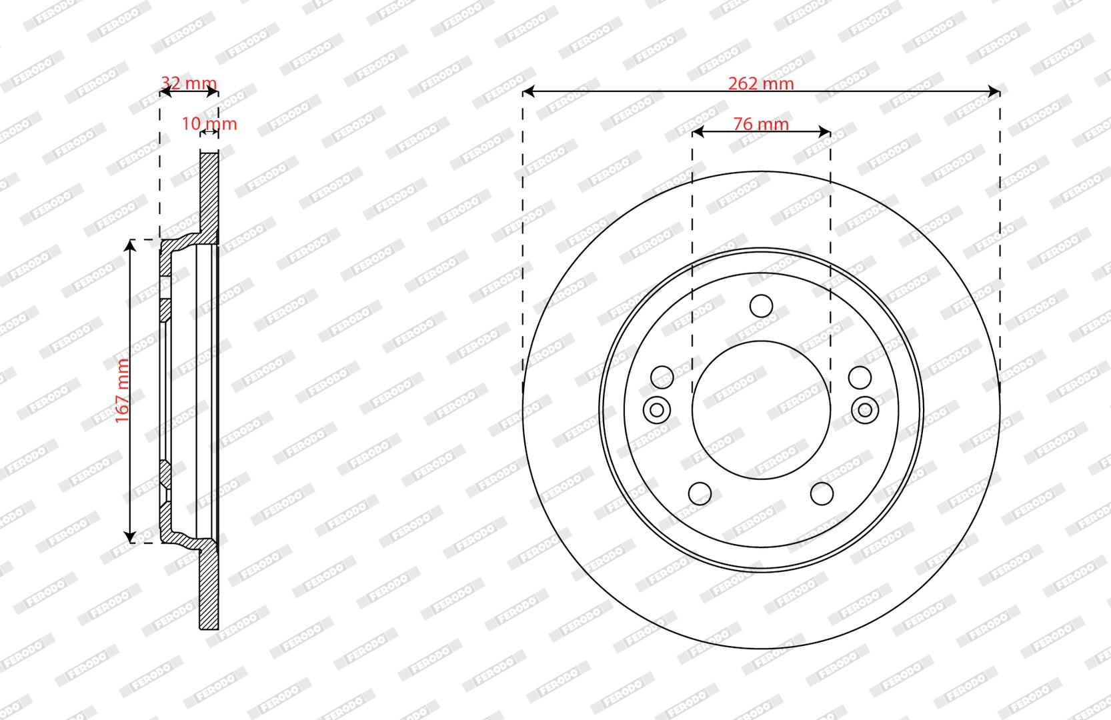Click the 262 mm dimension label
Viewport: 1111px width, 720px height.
click(x=761, y=83)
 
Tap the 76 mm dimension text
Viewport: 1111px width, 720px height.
click(x=761, y=124)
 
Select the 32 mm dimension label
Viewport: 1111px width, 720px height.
click(x=189, y=83)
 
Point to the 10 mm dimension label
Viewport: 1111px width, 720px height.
click(x=209, y=123)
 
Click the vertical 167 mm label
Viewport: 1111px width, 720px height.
click(x=122, y=391)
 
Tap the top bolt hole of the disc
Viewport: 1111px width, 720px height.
click(x=761, y=306)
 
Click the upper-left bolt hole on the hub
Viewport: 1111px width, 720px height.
click(x=662, y=378)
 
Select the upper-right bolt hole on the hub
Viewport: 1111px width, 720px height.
click(x=860, y=378)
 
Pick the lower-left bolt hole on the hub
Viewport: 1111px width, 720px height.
click(x=700, y=493)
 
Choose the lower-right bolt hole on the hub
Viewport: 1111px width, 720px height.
click(x=822, y=493)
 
